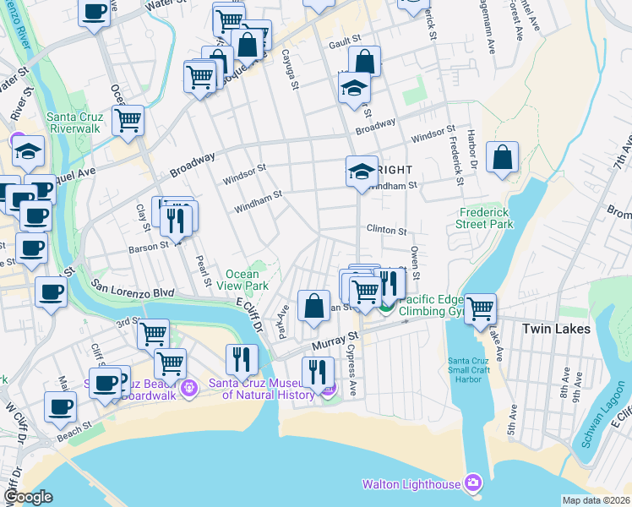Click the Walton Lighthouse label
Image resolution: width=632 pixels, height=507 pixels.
pos(411,484)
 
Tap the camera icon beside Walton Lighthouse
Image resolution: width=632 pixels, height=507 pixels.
pos(472,483)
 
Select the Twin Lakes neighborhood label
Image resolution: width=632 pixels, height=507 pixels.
pos(554,329)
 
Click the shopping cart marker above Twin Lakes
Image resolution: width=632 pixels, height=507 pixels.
pos(480,308)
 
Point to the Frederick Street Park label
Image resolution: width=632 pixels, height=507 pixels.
pos(487,219)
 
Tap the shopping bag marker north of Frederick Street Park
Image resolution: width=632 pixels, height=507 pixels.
pos(502,157)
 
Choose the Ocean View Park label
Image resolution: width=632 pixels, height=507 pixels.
pos(247,280)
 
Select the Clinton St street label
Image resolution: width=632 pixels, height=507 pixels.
pos(386,230)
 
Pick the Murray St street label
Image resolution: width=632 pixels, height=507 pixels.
pos(330,341)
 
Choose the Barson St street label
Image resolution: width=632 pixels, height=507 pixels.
pos(149,248)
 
